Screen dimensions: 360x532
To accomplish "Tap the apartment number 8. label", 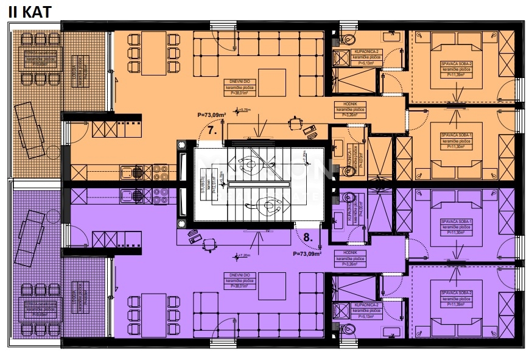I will (307, 238).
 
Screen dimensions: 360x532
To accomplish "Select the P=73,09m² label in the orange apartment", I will (212, 115).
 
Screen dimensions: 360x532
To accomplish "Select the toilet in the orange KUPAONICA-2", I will (348, 40).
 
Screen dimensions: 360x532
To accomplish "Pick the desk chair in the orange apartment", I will (296, 124).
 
